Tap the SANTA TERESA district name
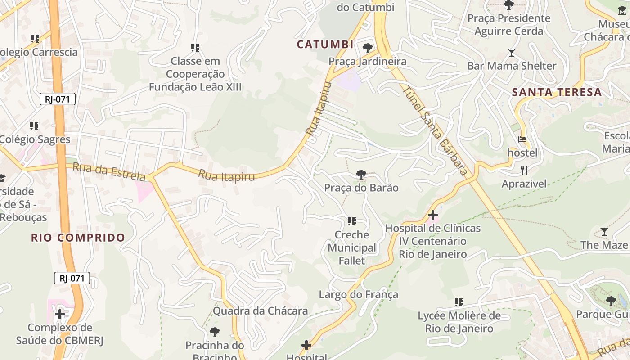click(x=557, y=92)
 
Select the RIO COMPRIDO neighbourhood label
click(x=78, y=238)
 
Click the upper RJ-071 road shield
click(x=57, y=99)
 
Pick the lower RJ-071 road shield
click(x=72, y=278)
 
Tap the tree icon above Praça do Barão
click(x=361, y=174)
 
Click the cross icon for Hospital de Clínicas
click(x=433, y=215)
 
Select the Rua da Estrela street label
click(x=109, y=172)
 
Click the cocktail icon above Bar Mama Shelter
click(x=512, y=53)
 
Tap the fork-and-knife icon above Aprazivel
click(x=524, y=171)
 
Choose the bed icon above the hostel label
click(x=522, y=139)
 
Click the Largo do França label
click(x=359, y=295)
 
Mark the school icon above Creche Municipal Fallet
click(x=352, y=221)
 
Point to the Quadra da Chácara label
click(x=260, y=311)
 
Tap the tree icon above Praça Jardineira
click(x=368, y=48)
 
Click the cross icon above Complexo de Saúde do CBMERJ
click(x=59, y=314)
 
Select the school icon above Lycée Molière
click(x=459, y=302)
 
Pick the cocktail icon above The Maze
click(x=604, y=232)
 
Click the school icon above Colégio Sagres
click(x=34, y=126)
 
